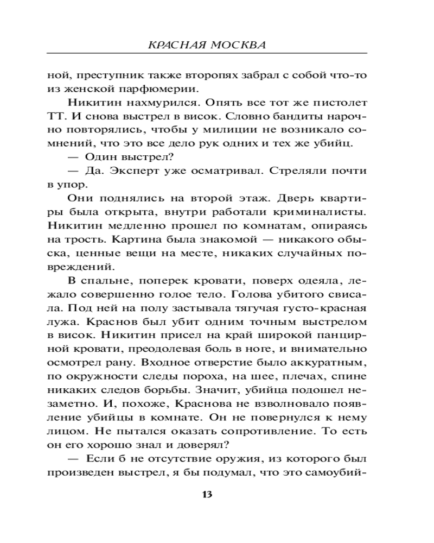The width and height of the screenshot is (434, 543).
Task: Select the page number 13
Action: pos(207,494)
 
